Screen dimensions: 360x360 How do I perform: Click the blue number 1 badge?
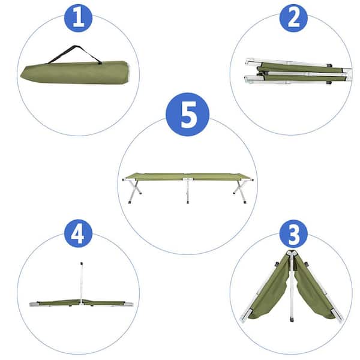(78, 17)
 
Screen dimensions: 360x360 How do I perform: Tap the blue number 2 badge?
(293, 17)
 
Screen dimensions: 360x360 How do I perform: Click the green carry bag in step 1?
(75, 72)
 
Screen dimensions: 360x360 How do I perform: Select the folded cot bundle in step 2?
(297, 71)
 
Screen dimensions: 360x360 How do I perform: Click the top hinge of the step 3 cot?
(292, 253)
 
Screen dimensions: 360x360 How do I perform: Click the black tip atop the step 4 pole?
(81, 262)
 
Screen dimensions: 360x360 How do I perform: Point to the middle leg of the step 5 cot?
(188, 191)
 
